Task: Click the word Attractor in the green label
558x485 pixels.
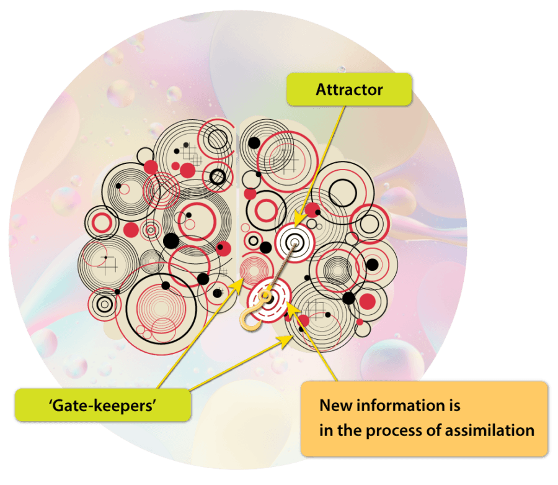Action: tap(349, 89)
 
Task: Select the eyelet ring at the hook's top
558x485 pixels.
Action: tap(264, 297)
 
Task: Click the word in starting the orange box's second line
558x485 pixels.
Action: tap(325, 430)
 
